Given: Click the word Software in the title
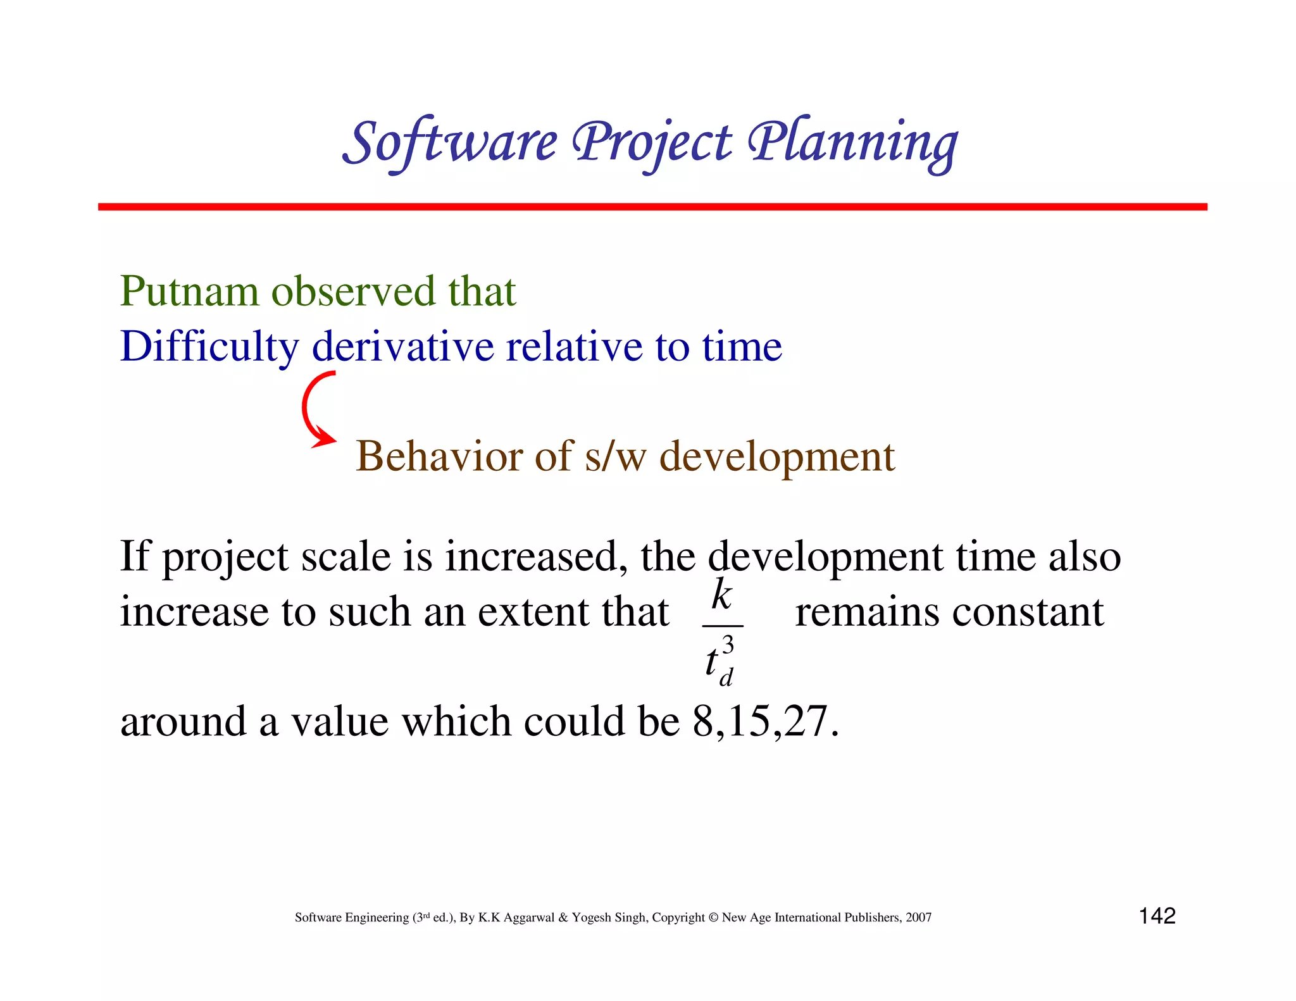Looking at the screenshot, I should [451, 142].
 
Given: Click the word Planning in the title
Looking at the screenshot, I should [853, 143].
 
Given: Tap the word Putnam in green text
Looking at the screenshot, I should [189, 292].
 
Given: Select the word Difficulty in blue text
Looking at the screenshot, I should [209, 347].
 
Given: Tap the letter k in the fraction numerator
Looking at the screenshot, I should [722, 595].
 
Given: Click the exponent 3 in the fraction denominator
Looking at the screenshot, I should [728, 645].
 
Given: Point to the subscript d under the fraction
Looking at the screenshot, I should [726, 678].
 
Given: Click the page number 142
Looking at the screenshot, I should [1157, 916].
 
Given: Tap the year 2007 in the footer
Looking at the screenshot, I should [918, 917].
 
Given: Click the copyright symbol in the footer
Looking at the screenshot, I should [713, 917].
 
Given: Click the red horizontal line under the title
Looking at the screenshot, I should [652, 207].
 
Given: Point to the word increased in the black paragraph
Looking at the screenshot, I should [530, 556].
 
